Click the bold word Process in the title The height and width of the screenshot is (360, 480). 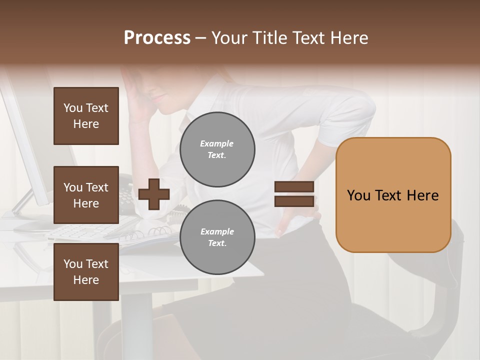157,38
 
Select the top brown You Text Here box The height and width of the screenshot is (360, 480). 86,116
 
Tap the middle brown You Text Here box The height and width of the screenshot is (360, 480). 86,195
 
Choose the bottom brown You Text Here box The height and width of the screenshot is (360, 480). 86,272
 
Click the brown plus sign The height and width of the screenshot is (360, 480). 154,194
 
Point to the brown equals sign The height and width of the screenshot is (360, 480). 294,194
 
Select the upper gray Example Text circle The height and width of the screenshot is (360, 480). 217,149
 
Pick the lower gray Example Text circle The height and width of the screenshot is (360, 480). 217,237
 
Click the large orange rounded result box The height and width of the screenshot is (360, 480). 393,195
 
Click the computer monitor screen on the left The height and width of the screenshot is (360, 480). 27,145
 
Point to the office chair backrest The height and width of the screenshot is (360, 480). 440,280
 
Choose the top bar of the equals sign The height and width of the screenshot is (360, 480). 294,187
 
